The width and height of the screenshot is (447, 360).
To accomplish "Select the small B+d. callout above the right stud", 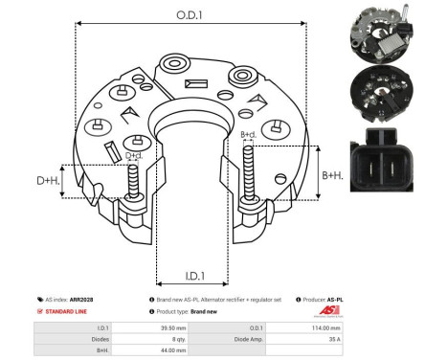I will point(248,135).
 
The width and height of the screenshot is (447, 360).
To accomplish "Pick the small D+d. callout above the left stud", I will point(134,156).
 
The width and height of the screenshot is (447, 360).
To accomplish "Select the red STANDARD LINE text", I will point(69,312).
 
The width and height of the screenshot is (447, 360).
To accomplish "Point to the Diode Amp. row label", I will point(278,339).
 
